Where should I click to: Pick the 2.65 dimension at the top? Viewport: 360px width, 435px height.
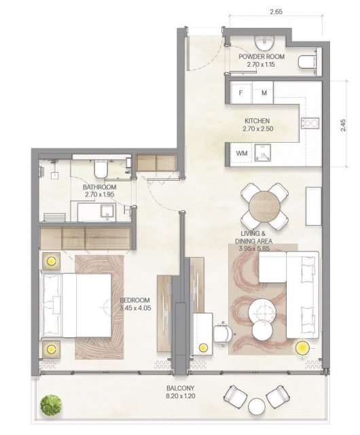(x=276, y=12)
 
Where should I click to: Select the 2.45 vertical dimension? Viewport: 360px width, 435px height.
(x=343, y=125)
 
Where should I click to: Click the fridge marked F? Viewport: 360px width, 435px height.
(x=241, y=92)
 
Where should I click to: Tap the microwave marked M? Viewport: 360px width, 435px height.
(x=263, y=92)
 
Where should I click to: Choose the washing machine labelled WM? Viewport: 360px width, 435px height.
(x=242, y=154)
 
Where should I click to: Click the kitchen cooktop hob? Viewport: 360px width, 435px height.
(x=310, y=124)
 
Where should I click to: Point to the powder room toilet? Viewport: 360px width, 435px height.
(x=307, y=62)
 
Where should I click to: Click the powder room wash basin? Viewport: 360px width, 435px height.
(x=264, y=43)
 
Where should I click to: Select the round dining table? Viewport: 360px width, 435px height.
(x=264, y=206)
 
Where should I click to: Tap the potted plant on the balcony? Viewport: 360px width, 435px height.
(x=51, y=405)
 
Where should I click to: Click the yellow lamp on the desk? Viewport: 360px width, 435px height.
(x=203, y=347)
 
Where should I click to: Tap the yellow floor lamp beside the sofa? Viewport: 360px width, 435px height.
(x=302, y=347)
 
